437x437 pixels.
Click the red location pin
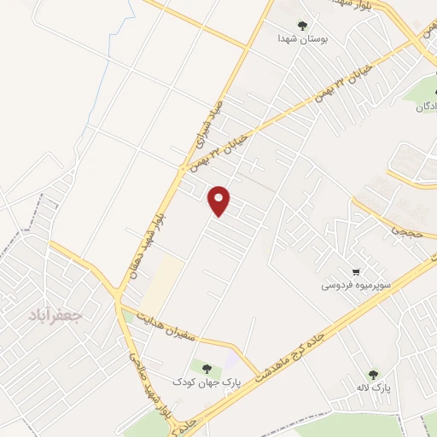click(x=220, y=201)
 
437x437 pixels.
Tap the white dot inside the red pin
click(x=220, y=198)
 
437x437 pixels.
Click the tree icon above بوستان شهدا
click(x=302, y=26)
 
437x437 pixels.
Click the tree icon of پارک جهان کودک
click(x=207, y=368)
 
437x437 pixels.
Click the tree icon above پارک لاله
click(x=373, y=374)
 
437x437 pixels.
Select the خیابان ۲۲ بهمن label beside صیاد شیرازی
click(x=220, y=149)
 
